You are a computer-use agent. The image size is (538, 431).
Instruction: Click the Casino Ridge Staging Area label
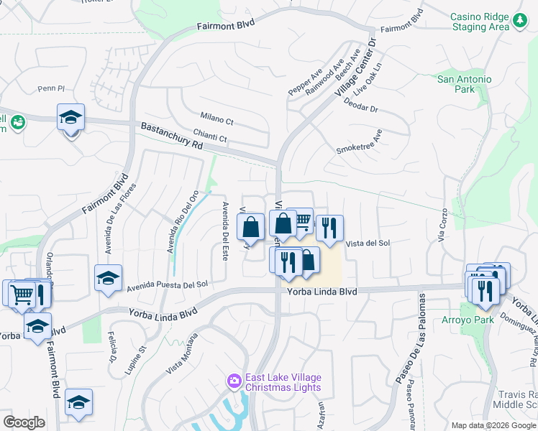click(480, 22)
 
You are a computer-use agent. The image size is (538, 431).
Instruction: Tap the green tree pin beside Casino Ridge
click(519, 22)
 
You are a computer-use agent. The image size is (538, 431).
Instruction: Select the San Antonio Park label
click(465, 84)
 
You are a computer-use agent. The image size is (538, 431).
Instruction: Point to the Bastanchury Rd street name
click(172, 134)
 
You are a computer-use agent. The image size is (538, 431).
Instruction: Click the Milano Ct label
click(217, 117)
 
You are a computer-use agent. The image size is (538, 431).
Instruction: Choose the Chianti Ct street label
click(209, 136)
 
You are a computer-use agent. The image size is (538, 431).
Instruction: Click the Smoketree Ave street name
click(359, 142)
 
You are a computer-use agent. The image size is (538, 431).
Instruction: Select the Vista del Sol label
click(368, 244)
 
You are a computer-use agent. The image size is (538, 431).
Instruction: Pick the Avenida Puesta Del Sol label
click(167, 285)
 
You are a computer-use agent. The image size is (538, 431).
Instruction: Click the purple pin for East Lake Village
click(233, 381)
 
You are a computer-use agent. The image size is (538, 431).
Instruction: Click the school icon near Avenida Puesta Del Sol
click(108, 277)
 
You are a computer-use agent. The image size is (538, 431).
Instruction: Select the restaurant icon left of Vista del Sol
click(329, 228)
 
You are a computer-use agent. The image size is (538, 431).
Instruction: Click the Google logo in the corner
click(23, 422)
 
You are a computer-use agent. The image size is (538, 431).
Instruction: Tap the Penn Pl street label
click(51, 89)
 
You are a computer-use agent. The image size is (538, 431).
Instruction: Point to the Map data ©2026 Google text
click(493, 425)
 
